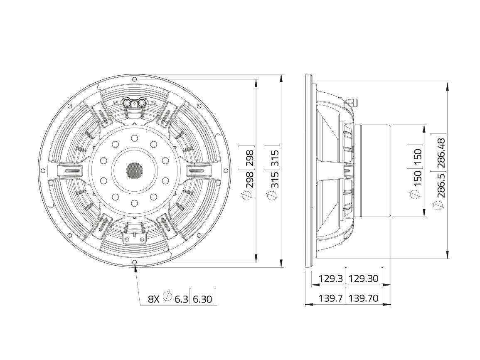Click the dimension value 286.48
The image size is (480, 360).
pyautogui.click(x=441, y=153)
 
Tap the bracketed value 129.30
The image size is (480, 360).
pyautogui.click(x=364, y=279)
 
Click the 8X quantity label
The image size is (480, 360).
pyautogui.click(x=154, y=298)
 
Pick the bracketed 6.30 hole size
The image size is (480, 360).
pyautogui.click(x=202, y=298)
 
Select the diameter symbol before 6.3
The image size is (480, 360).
pyautogui.click(x=167, y=296)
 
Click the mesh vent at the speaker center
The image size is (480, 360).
pyautogui.click(x=134, y=170)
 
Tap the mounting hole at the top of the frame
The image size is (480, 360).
pyautogui.click(x=134, y=79)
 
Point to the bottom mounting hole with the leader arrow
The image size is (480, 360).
pyautogui.click(x=134, y=262)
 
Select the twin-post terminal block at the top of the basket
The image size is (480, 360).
pyautogui.click(x=134, y=102)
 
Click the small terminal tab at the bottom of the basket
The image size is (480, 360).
pyautogui.click(x=134, y=237)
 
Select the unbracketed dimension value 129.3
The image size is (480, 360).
pyautogui.click(x=330, y=279)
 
